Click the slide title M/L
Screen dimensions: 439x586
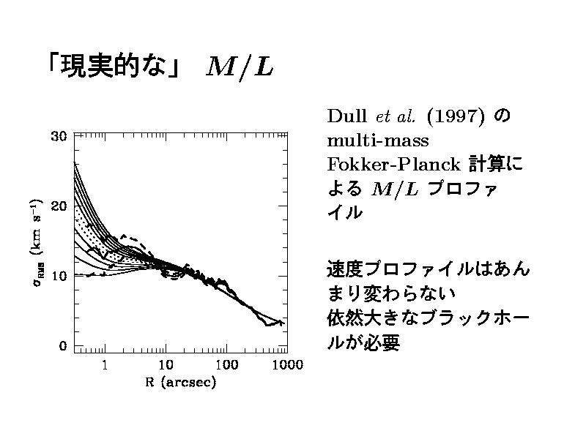pos(240,67)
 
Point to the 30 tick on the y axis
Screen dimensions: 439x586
pos(59,135)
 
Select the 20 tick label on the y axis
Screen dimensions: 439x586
pos(59,206)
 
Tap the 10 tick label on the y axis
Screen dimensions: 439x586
pos(59,276)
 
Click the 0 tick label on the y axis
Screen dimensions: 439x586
pos(63,346)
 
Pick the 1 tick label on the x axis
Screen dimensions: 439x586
pos(105,364)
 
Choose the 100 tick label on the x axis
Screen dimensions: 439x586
pos(226,364)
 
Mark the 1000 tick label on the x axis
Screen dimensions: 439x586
pos(284,364)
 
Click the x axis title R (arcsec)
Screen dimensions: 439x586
pos(179,382)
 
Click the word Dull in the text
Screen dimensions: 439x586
pos(346,116)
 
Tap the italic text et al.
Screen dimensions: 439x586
pos(395,116)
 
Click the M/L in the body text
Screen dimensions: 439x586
pos(396,188)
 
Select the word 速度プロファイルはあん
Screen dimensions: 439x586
pos(427,269)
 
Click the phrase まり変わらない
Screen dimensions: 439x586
pos(390,293)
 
